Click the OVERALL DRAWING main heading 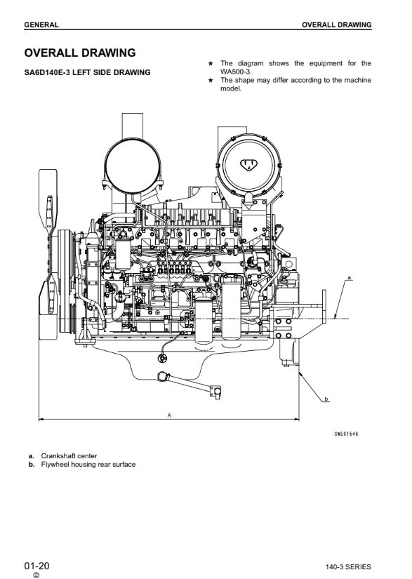[x=80, y=53]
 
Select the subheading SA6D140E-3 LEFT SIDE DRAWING [x=88, y=72]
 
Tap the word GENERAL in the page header [x=41, y=25]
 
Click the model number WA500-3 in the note [x=236, y=72]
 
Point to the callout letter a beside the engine [x=350, y=277]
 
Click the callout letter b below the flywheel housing [x=326, y=399]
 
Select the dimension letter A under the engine [x=169, y=415]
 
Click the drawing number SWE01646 [x=346, y=434]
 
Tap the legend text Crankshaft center [x=69, y=455]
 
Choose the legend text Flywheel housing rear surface [x=88, y=464]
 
